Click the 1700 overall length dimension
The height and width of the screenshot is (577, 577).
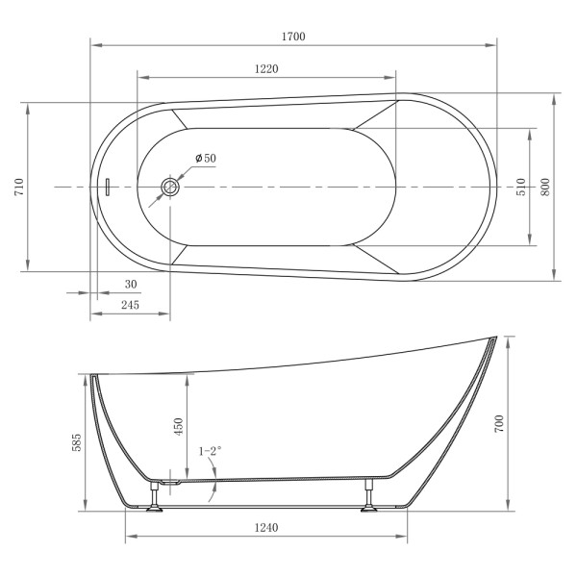pyautogui.click(x=293, y=36)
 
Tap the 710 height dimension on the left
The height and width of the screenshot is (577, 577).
pyautogui.click(x=17, y=187)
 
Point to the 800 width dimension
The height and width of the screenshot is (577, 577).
pyautogui.click(x=545, y=187)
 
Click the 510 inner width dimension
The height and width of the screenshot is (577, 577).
pyautogui.click(x=520, y=187)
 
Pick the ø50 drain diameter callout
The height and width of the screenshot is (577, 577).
pyautogui.click(x=205, y=159)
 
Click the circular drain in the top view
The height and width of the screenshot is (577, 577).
pyautogui.click(x=171, y=187)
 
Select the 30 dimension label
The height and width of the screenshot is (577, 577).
pyautogui.click(x=131, y=284)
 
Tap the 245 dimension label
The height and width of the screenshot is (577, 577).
pyautogui.click(x=131, y=305)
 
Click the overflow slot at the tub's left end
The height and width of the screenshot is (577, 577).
pyautogui.click(x=109, y=187)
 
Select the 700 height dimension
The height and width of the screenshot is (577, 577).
pyautogui.click(x=500, y=423)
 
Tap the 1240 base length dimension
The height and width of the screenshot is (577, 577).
pyautogui.click(x=266, y=528)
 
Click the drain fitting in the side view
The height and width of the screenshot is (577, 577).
pyautogui.click(x=172, y=478)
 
